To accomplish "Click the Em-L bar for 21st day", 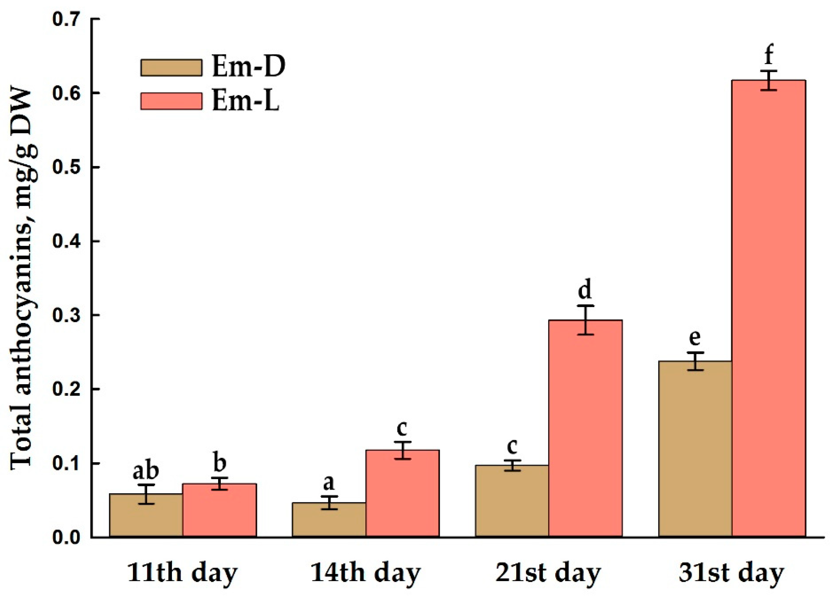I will pyautogui.click(x=586, y=428).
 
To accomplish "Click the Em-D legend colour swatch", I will pyautogui.click(x=171, y=67).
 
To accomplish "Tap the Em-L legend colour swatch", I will pyautogui.click(x=171, y=101).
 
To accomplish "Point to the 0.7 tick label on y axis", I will pyautogui.click(x=67, y=19).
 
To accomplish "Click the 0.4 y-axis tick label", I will pyautogui.click(x=67, y=242).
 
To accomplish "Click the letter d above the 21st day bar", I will pyautogui.click(x=585, y=290).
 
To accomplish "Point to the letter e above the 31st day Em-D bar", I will pyautogui.click(x=695, y=337).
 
